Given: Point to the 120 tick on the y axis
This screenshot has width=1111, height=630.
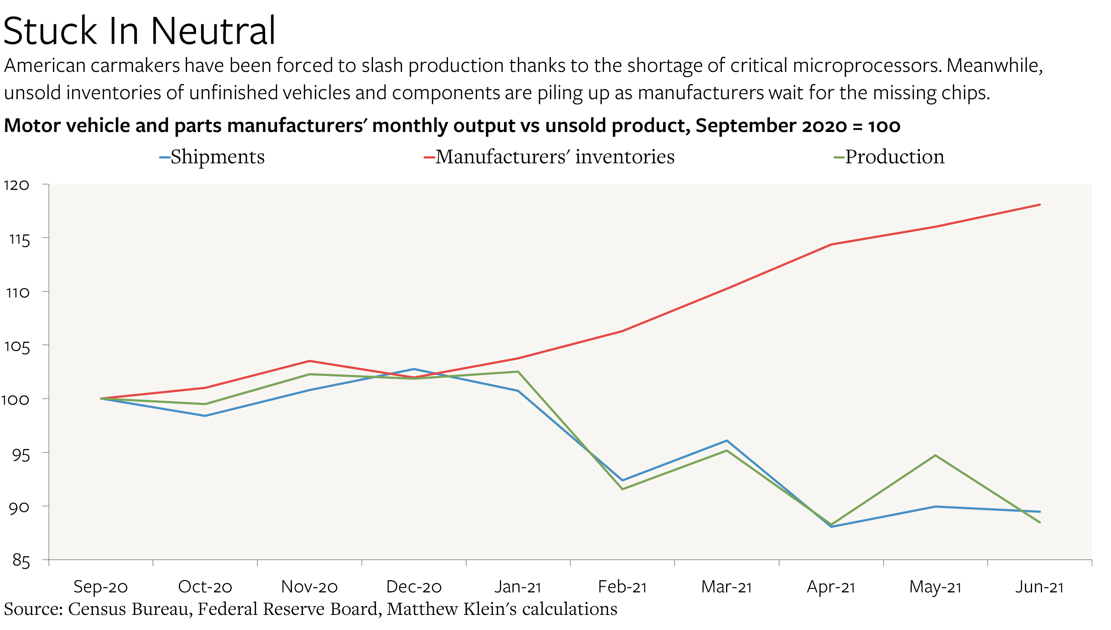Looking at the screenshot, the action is coord(17,185).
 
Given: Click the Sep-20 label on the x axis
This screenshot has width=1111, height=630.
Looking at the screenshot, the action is coord(100,587).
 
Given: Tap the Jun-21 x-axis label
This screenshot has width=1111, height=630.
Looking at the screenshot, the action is coord(1039,587).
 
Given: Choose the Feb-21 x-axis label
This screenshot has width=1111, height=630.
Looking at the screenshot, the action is coord(622,587).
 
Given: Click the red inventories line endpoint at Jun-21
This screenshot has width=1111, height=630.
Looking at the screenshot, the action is coord(1039,205).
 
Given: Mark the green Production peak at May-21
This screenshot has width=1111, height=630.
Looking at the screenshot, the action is coord(935,455).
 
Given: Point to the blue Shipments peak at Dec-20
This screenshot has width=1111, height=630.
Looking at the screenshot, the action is coord(414,369).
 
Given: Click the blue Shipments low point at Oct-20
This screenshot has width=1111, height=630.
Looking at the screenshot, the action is coord(205,416).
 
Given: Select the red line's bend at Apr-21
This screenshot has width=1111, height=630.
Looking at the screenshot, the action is coord(831,244).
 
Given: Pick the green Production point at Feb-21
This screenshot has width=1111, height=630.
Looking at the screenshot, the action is coord(622,489).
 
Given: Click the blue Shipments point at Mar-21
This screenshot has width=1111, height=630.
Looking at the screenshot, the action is coord(727,441).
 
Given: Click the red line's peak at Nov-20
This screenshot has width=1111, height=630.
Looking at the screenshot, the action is coord(310,361).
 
